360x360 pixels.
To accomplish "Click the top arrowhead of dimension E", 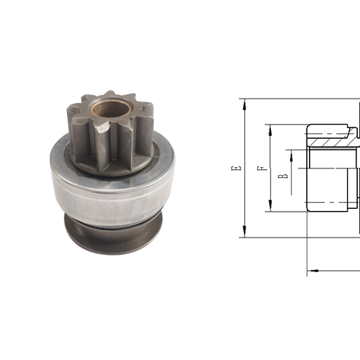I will pyautogui.click(x=246, y=104).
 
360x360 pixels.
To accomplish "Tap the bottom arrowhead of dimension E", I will pyautogui.click(x=246, y=233).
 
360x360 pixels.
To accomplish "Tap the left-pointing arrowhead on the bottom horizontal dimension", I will pyautogui.click(x=312, y=271).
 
